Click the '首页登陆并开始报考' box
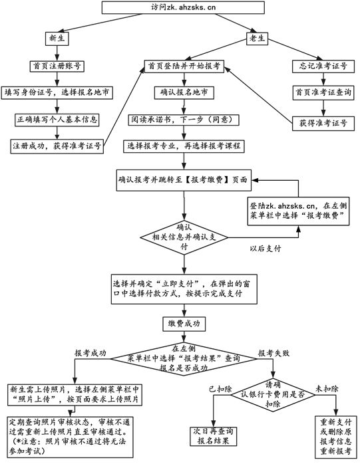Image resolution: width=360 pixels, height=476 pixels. [x=183, y=66]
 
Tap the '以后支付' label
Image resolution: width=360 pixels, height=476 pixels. [x=265, y=248]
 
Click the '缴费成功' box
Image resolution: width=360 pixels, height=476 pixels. [x=182, y=324]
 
